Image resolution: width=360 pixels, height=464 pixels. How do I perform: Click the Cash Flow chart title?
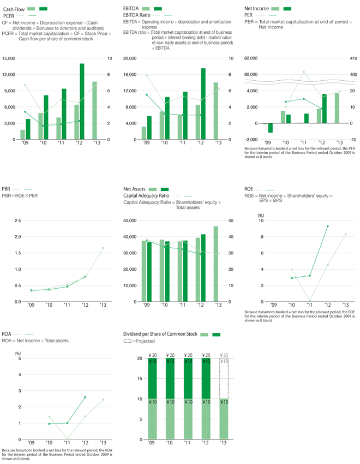pos(14,9)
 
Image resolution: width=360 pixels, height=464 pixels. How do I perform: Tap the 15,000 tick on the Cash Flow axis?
pos(9,58)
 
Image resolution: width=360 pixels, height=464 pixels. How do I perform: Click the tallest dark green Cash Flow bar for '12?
pos(82,102)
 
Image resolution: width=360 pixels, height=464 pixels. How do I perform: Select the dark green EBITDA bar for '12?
pos(203,104)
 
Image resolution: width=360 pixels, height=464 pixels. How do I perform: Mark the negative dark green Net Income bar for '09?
pos(270,128)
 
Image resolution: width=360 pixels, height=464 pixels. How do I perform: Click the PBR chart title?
pos(7,189)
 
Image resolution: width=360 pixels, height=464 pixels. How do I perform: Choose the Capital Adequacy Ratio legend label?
pos(147,195)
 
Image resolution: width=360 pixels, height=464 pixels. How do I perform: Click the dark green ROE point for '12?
pos(328,226)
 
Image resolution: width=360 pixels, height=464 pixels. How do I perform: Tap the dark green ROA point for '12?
pos(85,397)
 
